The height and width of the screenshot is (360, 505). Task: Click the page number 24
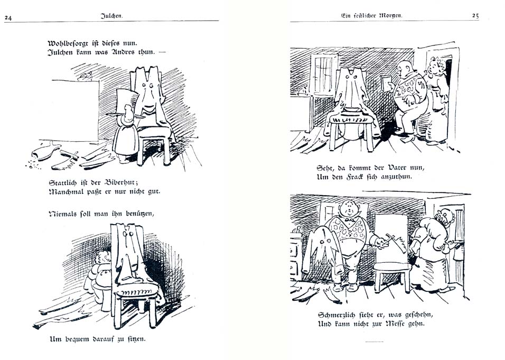[8, 18]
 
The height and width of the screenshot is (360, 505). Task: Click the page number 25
[475, 15]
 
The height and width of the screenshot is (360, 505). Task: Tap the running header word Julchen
[112, 16]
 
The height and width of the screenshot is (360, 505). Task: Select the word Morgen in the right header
[391, 15]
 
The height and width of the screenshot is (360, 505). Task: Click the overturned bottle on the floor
[46, 152]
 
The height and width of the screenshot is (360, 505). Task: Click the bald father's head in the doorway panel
[404, 69]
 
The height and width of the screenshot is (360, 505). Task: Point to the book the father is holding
[386, 83]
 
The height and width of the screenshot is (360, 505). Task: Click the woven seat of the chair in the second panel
[137, 292]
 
